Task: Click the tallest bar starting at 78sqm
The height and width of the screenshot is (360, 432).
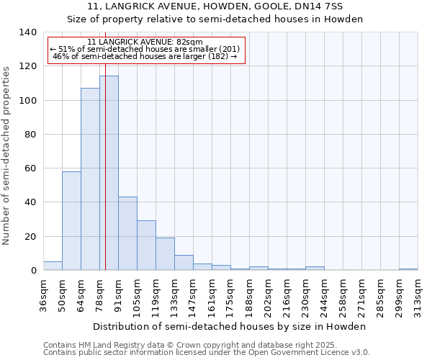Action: coord(109,173)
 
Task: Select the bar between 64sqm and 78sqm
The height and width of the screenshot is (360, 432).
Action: coord(90,179)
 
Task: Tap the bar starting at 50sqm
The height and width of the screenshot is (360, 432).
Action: coord(71,220)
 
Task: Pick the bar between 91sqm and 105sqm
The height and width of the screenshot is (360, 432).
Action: coord(127,233)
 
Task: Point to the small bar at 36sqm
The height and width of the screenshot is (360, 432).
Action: coord(53,266)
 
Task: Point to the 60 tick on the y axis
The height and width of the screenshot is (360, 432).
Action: coord(30,168)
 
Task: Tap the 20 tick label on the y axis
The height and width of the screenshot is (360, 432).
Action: coord(30,236)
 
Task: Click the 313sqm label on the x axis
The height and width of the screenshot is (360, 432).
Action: coord(418,296)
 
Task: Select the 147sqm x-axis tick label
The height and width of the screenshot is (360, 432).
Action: coord(193,296)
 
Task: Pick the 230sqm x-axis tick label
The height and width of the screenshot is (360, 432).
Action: coord(305,296)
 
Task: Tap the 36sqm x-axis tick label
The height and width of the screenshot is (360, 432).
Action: coord(43,296)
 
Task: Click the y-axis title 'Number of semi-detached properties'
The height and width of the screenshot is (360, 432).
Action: coord(7,155)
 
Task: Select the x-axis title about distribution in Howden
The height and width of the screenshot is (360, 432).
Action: coord(230,326)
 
